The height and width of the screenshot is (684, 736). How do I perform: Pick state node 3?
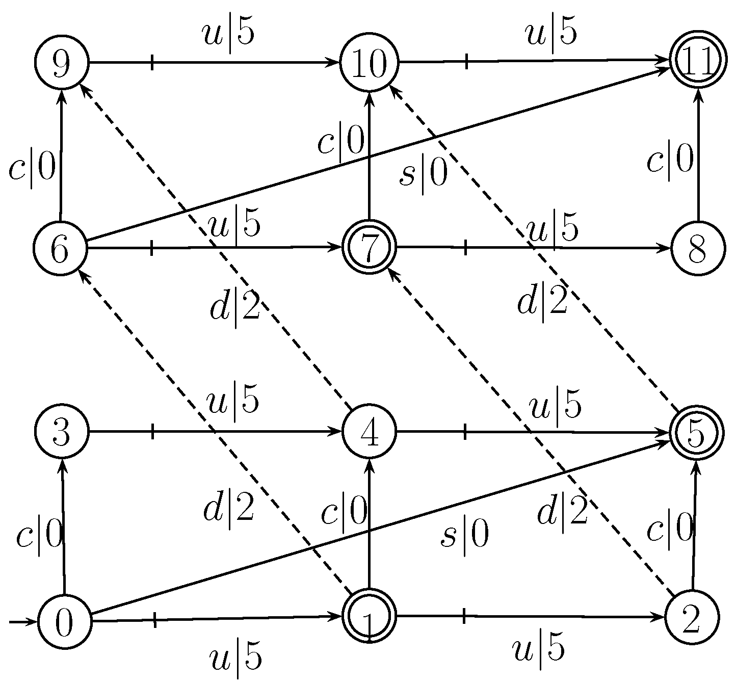62,432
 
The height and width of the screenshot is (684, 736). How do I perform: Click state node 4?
370,432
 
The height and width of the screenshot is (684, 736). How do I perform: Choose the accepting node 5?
697,432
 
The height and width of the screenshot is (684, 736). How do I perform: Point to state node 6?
60,249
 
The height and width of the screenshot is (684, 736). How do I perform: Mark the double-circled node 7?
370,247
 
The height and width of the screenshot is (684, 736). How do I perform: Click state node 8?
697,249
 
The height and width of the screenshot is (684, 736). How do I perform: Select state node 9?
62,63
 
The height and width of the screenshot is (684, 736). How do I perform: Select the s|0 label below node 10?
423,175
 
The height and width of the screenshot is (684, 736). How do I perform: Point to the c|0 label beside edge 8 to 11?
670,160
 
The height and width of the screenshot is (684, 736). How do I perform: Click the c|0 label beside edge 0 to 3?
39,536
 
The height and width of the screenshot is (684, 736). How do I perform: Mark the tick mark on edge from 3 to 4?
153,432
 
